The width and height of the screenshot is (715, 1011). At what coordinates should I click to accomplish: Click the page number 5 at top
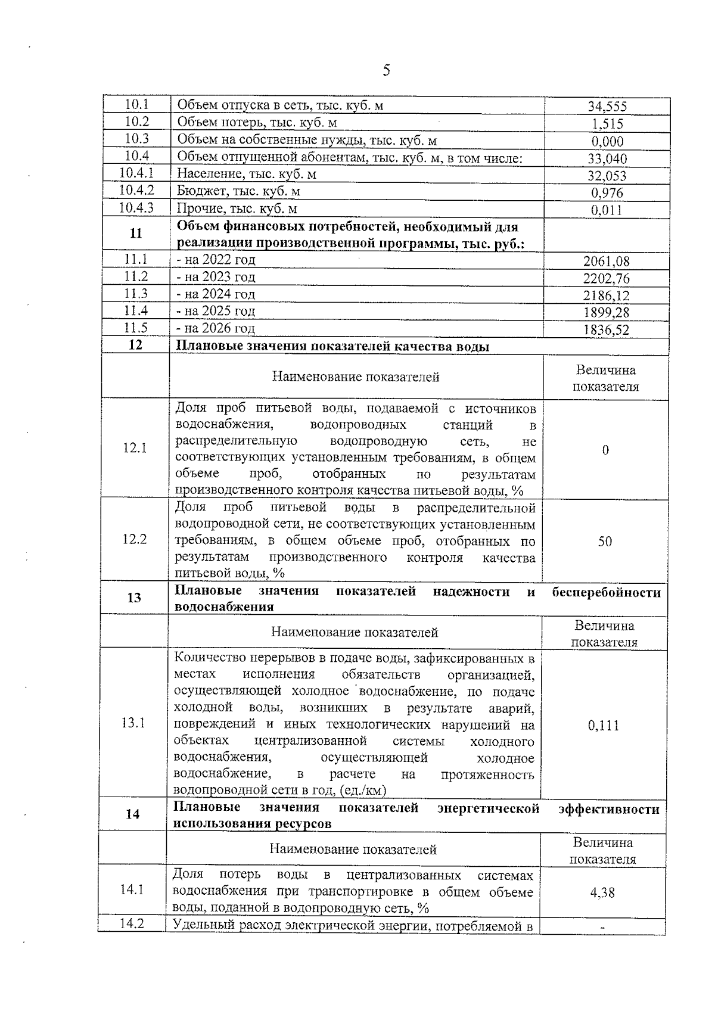[386, 71]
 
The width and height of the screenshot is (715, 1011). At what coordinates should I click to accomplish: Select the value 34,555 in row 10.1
[607, 107]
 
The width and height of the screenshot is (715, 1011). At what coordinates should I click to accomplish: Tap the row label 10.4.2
[136, 191]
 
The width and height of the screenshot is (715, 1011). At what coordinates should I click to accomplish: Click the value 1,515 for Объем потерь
[607, 125]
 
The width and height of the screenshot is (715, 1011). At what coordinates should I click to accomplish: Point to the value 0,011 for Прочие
[607, 210]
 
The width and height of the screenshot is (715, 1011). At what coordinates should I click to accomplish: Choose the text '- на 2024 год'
[216, 294]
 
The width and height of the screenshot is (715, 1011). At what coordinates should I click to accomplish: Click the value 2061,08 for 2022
[606, 262]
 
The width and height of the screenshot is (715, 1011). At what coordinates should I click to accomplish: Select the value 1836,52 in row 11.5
[606, 330]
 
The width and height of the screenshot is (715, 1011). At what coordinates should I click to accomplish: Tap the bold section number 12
[136, 345]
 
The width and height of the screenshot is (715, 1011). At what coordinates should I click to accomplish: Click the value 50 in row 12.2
[605, 542]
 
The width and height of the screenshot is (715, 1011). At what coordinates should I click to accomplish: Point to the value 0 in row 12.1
[605, 450]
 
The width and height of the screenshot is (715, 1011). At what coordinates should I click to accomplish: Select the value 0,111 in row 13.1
[603, 726]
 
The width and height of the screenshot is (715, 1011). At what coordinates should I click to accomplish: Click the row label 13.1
[133, 723]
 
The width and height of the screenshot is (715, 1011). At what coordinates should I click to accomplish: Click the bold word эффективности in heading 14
[608, 809]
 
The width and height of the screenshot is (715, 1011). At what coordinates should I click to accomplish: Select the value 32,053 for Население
[607, 176]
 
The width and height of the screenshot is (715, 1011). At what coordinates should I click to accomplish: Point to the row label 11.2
[136, 276]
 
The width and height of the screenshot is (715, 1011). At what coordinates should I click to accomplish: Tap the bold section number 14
[132, 814]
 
